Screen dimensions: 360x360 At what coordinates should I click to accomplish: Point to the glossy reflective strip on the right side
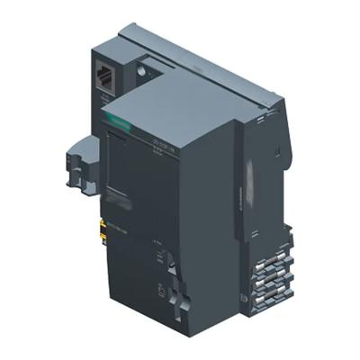tap(250, 179)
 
